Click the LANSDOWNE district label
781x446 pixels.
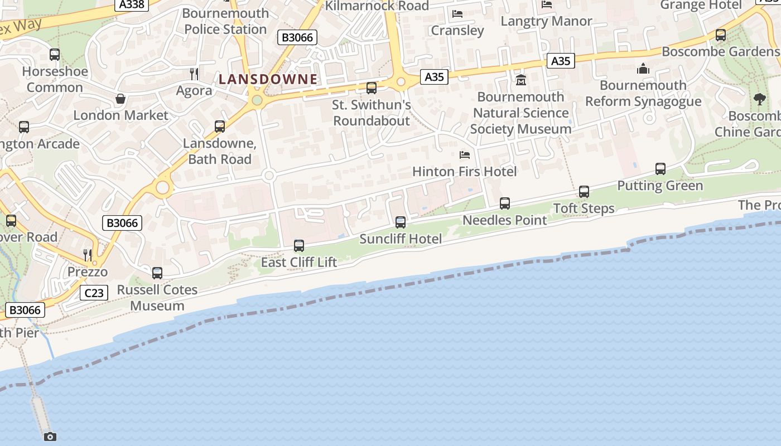pos(268,79)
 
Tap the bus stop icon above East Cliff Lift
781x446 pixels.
pos(299,245)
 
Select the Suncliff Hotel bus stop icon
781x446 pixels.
pos(401,222)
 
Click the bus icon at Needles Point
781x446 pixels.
pos(505,203)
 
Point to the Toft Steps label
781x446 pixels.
pos(584,209)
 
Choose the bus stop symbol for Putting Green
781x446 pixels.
pos(661,169)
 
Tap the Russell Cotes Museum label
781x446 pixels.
pos(157,298)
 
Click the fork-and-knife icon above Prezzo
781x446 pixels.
pos(88,255)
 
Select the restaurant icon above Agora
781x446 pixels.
pos(194,74)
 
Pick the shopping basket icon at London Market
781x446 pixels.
pos(120,99)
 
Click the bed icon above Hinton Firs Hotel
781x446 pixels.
pos(465,155)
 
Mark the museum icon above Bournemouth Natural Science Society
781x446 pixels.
pos(521,80)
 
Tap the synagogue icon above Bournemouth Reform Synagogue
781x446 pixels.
pos(643,69)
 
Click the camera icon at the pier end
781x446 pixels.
pos(50,437)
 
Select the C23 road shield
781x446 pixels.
pos(93,293)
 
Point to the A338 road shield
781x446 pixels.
pos(132,4)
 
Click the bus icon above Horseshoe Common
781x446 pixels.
pos(55,55)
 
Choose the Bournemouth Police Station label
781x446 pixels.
pos(225,21)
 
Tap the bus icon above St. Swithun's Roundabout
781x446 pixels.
pos(372,88)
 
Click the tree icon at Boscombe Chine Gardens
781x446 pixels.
pos(759,99)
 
